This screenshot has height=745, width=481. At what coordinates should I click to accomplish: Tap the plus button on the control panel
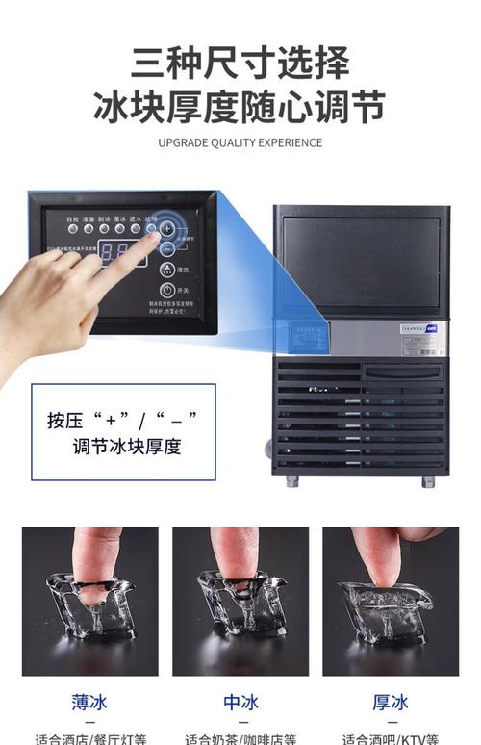166,229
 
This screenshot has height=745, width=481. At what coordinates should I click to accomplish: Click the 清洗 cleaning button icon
166,269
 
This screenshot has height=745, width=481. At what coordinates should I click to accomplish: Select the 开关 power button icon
166,290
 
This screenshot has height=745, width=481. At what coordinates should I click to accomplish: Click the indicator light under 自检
72,229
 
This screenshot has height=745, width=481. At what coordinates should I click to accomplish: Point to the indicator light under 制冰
104,229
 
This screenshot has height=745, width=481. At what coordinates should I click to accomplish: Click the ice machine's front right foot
427,481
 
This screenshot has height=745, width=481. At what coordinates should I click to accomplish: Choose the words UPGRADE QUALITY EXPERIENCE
240,143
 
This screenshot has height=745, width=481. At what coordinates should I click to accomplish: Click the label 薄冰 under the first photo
89,702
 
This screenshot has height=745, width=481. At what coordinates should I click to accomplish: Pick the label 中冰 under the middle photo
240,702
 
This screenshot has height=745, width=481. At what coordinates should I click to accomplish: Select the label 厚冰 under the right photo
390,702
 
